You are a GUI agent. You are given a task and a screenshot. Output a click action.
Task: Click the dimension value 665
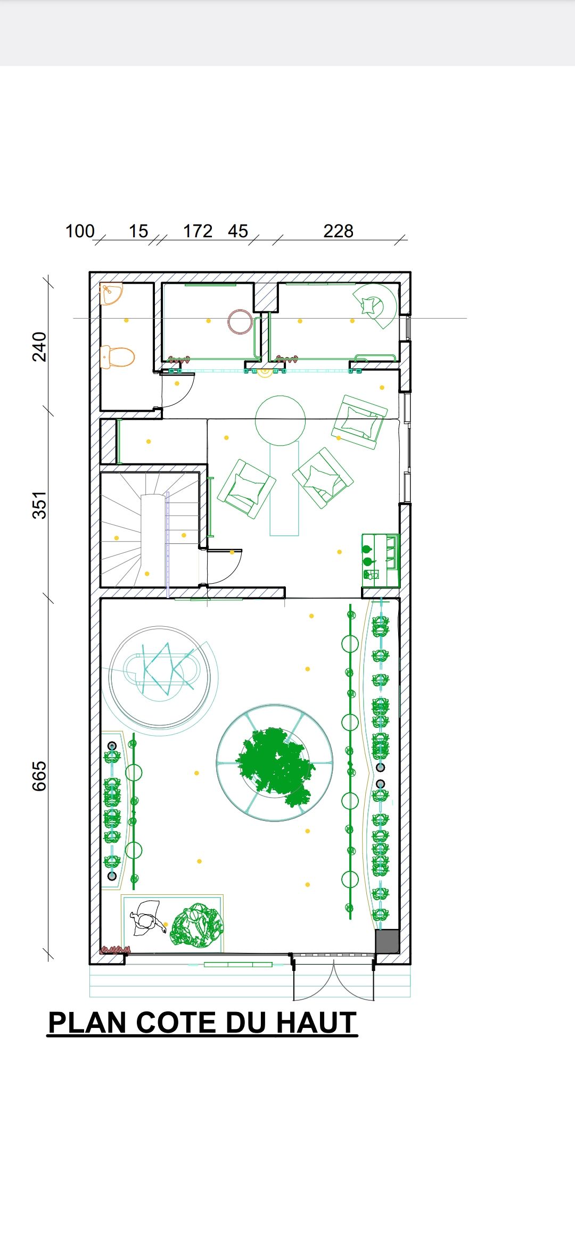click(x=39, y=776)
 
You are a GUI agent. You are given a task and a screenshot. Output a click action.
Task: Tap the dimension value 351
click(x=39, y=505)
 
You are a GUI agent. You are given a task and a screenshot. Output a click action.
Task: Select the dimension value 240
click(x=39, y=346)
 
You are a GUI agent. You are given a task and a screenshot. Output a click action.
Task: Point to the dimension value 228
click(x=338, y=231)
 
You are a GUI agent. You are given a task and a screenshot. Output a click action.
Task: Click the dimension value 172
click(x=198, y=231)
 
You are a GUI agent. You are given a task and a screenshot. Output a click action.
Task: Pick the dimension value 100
click(x=80, y=231)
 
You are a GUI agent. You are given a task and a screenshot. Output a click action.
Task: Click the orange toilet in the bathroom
click(x=117, y=357)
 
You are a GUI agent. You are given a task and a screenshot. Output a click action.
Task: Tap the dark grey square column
click(x=387, y=942)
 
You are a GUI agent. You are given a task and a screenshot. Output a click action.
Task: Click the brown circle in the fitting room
click(x=240, y=322)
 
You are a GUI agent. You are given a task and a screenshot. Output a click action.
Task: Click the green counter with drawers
click(x=380, y=560)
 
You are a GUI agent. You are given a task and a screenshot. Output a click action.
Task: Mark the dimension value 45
click(x=238, y=231)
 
